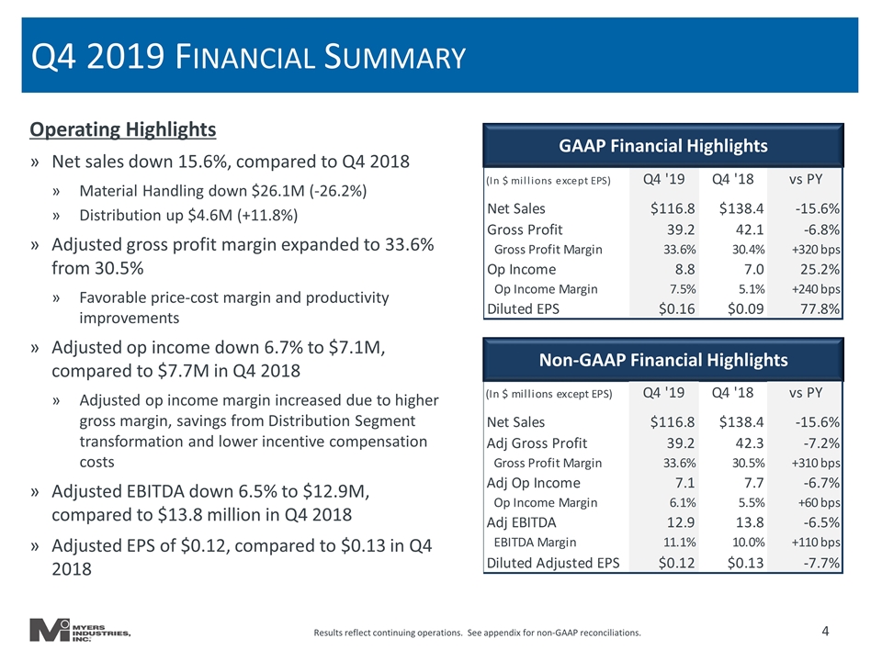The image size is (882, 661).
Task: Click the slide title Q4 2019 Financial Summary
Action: [248, 57]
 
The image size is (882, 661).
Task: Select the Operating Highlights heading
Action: [122, 129]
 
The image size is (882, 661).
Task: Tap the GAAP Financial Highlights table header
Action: [663, 146]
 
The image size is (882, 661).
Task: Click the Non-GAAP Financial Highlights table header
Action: [663, 360]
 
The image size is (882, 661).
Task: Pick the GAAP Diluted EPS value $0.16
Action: [677, 308]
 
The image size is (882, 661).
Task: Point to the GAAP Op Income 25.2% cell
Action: [820, 269]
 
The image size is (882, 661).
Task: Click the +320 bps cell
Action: [816, 250]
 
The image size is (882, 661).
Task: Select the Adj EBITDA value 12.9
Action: [681, 522]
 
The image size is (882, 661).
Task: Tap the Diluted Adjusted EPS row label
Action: [553, 563]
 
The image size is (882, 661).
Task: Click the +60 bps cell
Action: [819, 502]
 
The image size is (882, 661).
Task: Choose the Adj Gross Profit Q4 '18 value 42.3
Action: [750, 443]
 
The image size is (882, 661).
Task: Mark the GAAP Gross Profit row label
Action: [525, 230]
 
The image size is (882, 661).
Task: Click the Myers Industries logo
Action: [80, 630]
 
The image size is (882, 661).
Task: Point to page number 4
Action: [825, 632]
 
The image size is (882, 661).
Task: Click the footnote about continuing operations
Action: [477, 633]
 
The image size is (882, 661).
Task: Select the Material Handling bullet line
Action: [222, 191]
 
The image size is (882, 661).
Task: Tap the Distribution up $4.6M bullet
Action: [188, 215]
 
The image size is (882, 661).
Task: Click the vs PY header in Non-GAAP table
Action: [806, 392]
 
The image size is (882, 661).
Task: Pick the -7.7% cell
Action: [821, 563]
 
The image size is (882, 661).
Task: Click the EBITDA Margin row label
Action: [535, 543]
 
